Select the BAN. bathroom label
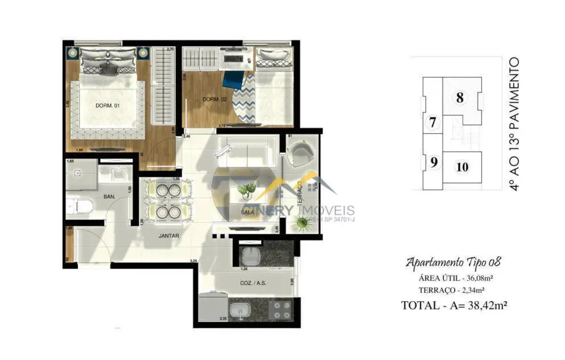109,197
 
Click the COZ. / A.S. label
253,282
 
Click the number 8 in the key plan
459,99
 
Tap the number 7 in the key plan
433,123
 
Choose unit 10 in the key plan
463,166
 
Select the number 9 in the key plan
434,163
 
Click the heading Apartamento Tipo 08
454,262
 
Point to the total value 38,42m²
484,304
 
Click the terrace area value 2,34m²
471,289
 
